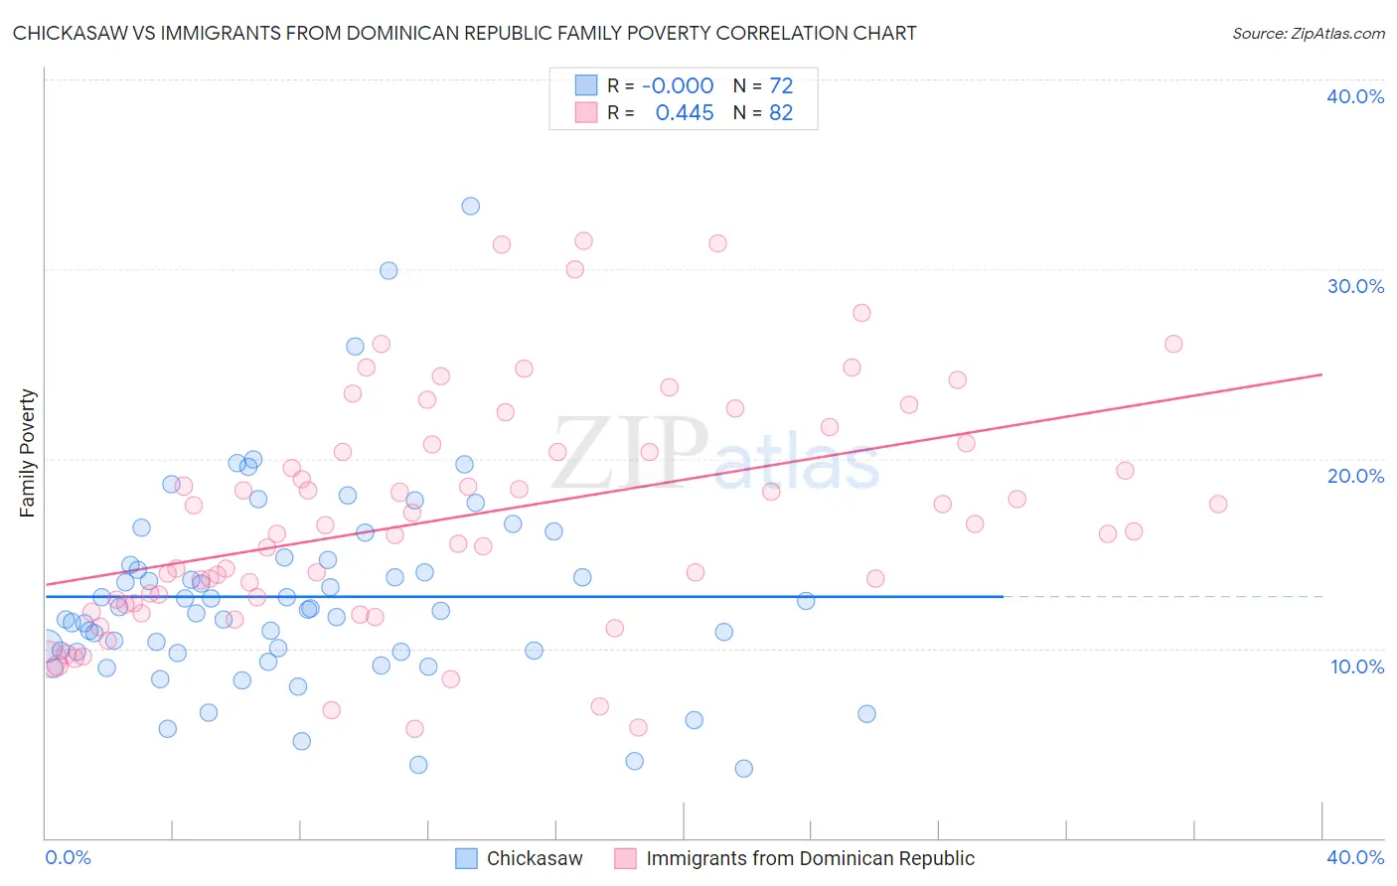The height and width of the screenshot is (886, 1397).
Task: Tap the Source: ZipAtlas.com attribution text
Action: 1308,34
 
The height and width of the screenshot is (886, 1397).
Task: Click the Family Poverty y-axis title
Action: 28,453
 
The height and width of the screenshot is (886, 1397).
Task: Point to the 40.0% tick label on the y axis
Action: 1354,96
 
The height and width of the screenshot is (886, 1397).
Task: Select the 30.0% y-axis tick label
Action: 1354,286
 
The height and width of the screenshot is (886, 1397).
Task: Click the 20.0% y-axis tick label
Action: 1354,476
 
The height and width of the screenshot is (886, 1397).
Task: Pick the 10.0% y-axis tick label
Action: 1356,665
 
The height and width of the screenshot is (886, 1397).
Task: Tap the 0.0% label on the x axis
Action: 68,857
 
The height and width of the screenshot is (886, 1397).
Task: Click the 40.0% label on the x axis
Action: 1354,857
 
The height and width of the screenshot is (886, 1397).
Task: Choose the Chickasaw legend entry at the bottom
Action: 534,858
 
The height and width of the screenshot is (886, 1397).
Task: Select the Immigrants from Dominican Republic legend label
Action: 810,858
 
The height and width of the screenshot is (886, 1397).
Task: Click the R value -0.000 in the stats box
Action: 678,85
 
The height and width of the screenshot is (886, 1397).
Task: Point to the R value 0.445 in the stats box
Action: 685,113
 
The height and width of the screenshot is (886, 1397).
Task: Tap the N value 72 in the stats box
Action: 781,85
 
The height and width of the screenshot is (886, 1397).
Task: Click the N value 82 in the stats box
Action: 781,113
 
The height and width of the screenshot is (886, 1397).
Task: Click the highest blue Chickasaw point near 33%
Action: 470,206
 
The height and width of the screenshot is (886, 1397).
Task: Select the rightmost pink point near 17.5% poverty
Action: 1217,504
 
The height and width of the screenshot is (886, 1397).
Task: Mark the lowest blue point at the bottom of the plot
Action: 743,768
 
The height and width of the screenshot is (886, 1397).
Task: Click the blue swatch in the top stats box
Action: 586,85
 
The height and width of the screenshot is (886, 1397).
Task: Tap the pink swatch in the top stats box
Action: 586,113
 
